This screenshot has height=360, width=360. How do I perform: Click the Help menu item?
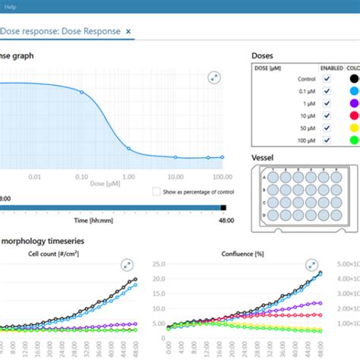tap(11, 5)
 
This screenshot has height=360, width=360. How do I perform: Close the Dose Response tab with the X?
tap(129, 32)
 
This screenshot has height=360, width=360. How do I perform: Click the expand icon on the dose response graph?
tap(214, 78)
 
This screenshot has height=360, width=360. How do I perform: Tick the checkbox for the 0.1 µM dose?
tap(327, 90)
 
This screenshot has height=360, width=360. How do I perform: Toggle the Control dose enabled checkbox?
tap(327, 78)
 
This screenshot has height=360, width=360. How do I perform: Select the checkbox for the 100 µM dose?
tap(327, 141)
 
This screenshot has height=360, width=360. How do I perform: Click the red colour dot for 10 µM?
tap(353, 115)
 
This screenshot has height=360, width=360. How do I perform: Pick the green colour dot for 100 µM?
tap(353, 141)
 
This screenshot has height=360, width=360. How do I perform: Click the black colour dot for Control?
tap(353, 78)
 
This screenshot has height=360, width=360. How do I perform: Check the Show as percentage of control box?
tap(156, 192)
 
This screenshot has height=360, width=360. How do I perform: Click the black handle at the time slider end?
tap(223, 207)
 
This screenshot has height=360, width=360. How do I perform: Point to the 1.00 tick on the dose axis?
tap(128, 176)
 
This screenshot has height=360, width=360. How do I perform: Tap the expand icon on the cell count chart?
tap(126, 265)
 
